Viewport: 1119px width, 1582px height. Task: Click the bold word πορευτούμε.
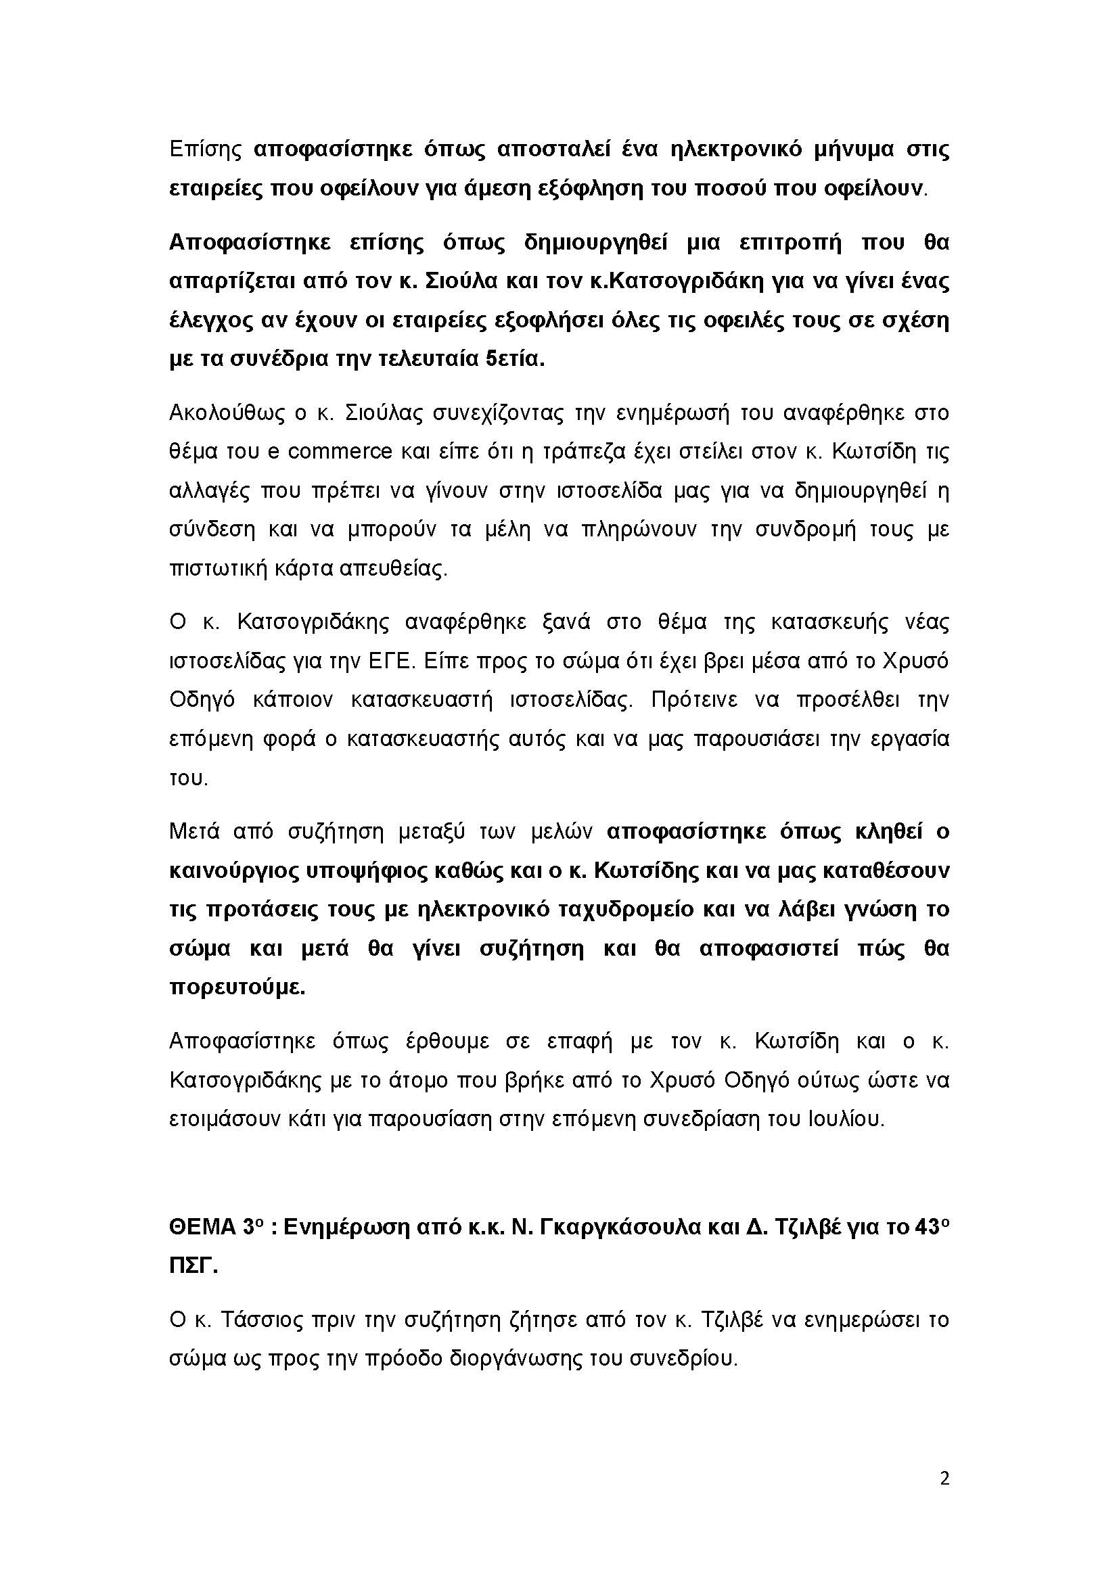(x=237, y=987)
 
